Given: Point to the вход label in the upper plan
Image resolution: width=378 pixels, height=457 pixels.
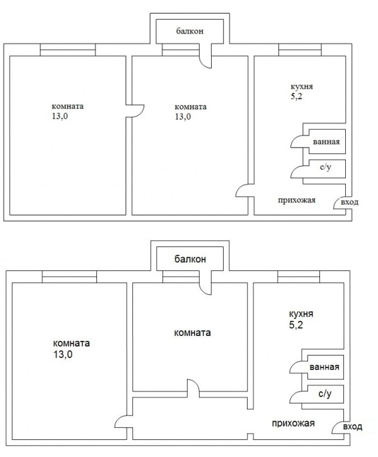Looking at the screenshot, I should (x=350, y=202).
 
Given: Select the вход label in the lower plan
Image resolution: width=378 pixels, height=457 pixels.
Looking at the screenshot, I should (x=353, y=427).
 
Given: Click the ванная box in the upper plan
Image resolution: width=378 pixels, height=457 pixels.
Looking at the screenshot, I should (x=326, y=142).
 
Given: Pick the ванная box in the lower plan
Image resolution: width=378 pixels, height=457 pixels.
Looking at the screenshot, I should (x=324, y=368).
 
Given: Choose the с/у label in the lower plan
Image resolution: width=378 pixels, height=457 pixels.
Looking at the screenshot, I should (x=324, y=395).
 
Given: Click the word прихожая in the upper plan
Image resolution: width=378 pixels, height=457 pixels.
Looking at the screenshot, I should (x=297, y=200).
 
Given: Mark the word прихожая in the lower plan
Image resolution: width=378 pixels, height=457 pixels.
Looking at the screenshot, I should (x=293, y=423).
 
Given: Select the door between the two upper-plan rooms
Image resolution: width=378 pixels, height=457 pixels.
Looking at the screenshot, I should (x=134, y=112).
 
